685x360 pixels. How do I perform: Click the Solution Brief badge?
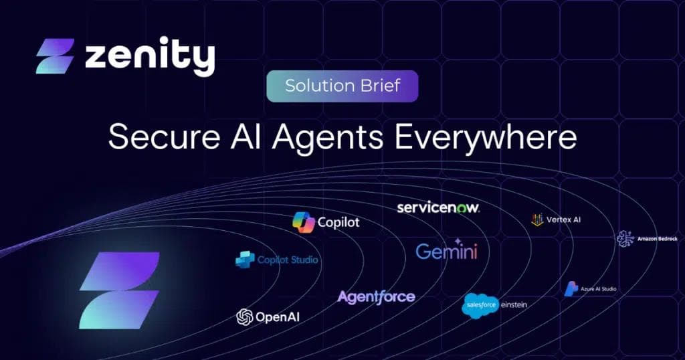pyautogui.click(x=342, y=86)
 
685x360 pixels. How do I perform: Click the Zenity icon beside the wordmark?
pyautogui.click(x=55, y=56)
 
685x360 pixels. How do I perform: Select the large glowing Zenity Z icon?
pyautogui.click(x=119, y=290)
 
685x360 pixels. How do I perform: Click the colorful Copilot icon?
pyautogui.click(x=304, y=222)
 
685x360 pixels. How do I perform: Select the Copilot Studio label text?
pyautogui.click(x=288, y=260)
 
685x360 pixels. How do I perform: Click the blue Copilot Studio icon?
pyautogui.click(x=245, y=260)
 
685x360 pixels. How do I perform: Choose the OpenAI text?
pyautogui.click(x=278, y=317)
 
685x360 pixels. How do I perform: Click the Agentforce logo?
pyautogui.click(x=376, y=296)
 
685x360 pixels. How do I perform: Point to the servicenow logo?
pyautogui.click(x=438, y=207)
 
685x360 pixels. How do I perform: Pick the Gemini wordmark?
pyautogui.click(x=446, y=251)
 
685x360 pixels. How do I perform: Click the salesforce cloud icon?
pyautogui.click(x=480, y=305)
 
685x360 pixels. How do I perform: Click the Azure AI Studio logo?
pyautogui.click(x=591, y=288)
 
